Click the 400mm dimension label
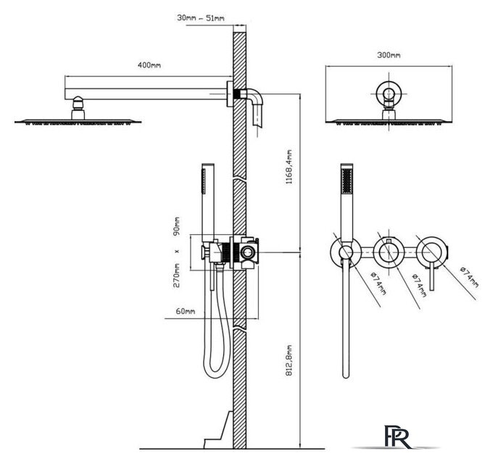(149, 65)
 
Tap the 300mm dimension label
(389, 55)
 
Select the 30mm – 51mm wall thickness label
(201, 18)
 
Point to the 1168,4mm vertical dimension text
(289, 167)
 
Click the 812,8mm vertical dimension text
(289, 360)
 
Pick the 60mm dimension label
(185, 311)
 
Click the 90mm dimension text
(177, 226)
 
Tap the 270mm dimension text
(177, 275)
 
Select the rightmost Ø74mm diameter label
(469, 277)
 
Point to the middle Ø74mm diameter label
(420, 285)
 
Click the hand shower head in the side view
(208, 202)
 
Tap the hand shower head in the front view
(347, 202)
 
